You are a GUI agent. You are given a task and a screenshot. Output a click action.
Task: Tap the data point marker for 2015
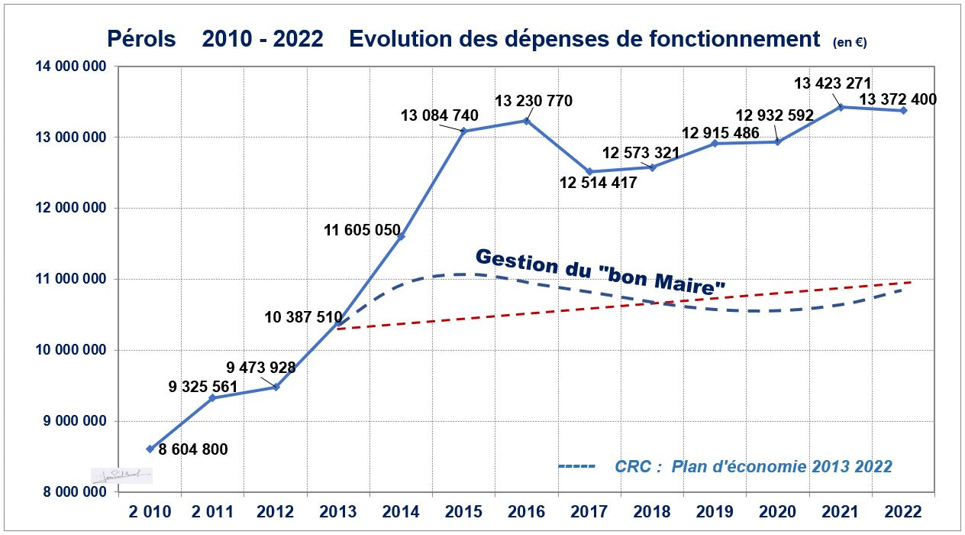coord(464,131)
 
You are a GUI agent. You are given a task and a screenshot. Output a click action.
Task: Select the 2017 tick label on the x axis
coord(589,511)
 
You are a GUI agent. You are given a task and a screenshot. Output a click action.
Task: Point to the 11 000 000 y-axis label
coord(69,280)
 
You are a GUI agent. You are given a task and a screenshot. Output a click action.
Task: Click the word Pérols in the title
coord(141,39)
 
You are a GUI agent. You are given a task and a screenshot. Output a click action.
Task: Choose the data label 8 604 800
coord(192,449)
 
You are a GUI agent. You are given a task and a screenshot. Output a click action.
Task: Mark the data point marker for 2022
coord(903,111)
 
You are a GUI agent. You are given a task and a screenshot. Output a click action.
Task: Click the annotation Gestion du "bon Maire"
coord(600,271)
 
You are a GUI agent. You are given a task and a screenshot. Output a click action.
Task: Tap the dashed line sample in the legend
coord(577,466)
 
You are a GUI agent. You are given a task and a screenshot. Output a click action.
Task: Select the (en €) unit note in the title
coord(850,43)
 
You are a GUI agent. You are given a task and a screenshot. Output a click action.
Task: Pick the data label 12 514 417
coord(598,183)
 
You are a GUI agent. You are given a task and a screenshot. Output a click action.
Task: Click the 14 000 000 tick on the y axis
coord(69,67)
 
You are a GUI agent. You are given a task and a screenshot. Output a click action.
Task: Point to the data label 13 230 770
coord(534,101)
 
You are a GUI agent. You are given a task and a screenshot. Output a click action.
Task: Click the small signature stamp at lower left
coord(121,475)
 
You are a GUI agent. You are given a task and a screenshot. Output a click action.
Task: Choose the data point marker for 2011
coord(212,397)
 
